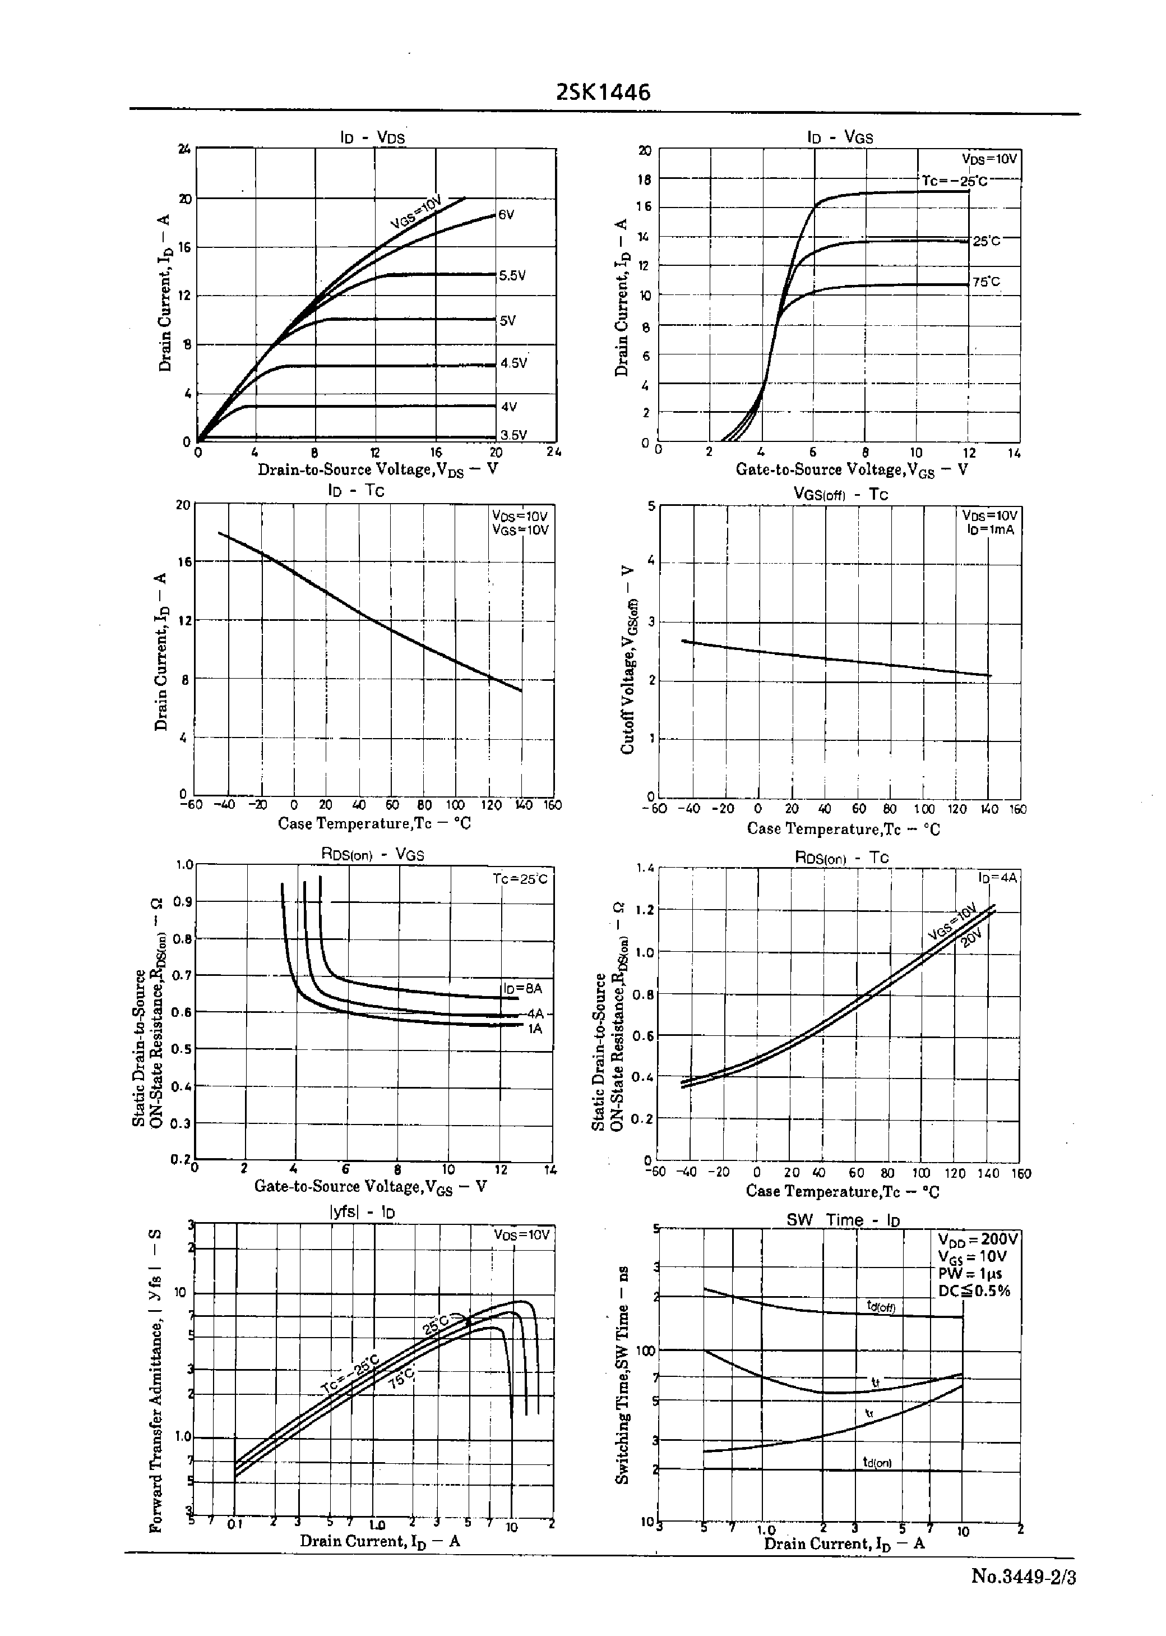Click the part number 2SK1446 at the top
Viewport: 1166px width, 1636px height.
point(603,93)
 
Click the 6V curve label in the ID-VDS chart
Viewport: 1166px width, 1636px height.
point(506,215)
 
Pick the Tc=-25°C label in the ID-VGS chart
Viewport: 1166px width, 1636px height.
point(954,181)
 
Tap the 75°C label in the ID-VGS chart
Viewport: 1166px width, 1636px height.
point(986,282)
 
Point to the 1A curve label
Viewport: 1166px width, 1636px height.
point(535,1029)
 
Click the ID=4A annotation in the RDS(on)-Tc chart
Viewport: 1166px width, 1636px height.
point(997,878)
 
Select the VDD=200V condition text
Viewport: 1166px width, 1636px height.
point(977,1239)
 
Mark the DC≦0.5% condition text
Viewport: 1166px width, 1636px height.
point(974,1291)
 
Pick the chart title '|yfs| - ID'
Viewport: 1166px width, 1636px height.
point(362,1212)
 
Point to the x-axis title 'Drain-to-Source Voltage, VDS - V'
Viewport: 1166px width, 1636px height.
point(378,469)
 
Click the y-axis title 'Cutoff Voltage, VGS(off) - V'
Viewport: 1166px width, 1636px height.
point(627,660)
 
